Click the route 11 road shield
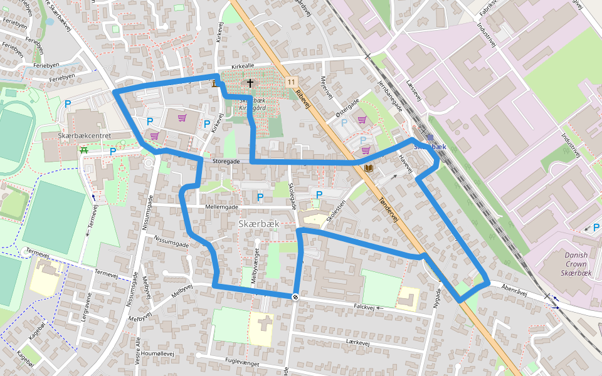coord(291,82)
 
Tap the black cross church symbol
coord(250,83)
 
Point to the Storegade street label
coord(226,162)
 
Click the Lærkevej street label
coord(359,342)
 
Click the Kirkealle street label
coord(243,66)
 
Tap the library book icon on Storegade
coord(368,168)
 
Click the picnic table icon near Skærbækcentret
coord(83,150)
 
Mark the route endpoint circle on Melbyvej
coord(295,296)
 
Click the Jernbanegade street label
coord(391,100)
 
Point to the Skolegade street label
coord(292,199)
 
